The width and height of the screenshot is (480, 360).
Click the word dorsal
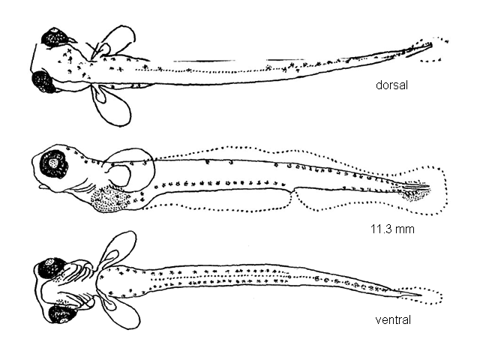click(x=391, y=85)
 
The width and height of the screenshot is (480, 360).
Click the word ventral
click(x=393, y=320)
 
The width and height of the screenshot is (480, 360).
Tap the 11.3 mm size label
click(x=392, y=229)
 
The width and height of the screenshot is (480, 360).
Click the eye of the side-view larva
click(x=54, y=165)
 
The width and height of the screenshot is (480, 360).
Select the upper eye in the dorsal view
click(x=55, y=37)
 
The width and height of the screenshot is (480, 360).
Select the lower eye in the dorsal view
click(x=43, y=82)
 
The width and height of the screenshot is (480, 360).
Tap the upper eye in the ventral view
click(x=49, y=268)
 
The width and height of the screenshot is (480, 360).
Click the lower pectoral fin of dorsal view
click(x=112, y=105)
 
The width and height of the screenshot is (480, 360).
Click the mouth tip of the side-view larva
click(x=42, y=186)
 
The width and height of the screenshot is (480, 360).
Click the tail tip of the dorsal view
click(x=432, y=45)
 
